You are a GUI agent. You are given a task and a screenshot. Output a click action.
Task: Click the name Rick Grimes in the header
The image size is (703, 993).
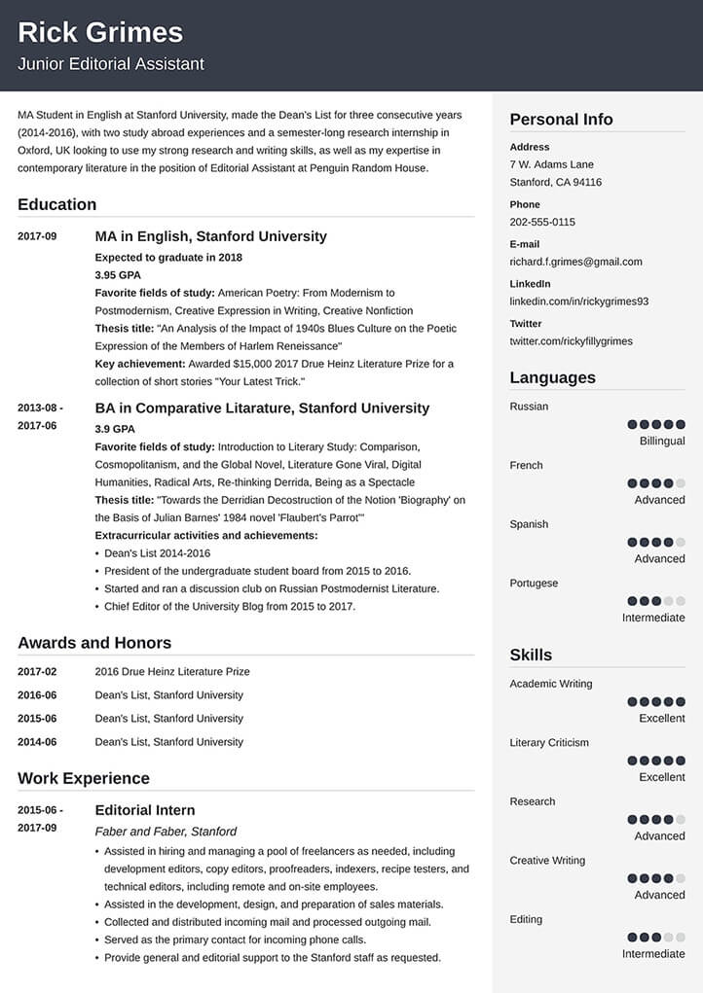pos(100,32)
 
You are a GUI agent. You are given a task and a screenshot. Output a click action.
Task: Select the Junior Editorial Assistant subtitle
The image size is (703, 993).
pos(111,64)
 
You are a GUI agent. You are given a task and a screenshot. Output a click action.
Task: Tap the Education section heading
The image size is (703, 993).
pos(56,204)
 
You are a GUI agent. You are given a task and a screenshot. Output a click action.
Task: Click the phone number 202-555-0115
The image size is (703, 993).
pos(542,222)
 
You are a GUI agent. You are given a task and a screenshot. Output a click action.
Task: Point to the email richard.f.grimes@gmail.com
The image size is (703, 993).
pos(575,262)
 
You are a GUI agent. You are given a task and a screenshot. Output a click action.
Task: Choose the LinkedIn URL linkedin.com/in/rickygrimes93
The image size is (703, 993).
pos(578,301)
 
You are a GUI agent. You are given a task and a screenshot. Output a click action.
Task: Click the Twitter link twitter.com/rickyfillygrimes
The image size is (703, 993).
pos(571,341)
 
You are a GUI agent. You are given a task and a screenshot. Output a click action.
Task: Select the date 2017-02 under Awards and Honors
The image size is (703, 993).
pos(37,672)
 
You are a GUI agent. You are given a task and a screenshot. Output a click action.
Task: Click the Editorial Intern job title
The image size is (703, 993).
pos(144,810)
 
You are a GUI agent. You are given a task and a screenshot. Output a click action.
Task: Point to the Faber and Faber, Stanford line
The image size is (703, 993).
pos(166,832)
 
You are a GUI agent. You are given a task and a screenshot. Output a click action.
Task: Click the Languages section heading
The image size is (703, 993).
pos(552,377)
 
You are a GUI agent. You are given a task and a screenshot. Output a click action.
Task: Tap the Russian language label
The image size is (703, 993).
pos(529,407)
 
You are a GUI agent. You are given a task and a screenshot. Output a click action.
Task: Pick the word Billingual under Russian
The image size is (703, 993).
pos(662,441)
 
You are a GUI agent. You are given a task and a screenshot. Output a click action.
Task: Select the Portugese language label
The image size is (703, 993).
pos(534,584)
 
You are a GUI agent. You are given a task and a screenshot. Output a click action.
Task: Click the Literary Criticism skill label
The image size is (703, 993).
pos(549,743)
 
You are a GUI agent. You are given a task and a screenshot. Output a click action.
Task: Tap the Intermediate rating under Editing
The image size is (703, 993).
pos(653,954)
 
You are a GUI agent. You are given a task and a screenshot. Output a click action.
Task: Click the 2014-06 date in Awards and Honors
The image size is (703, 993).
pos(37,742)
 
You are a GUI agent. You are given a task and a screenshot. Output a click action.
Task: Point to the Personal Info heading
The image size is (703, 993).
pos(561,120)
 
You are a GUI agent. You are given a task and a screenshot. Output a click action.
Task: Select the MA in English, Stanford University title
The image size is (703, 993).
pos(210,236)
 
